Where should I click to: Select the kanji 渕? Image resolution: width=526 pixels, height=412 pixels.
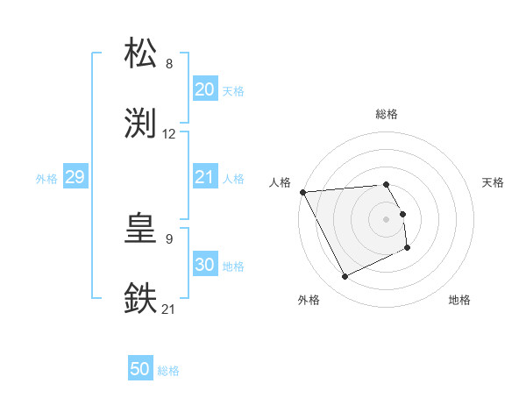pos(141,124)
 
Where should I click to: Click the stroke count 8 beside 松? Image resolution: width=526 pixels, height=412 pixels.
pos(169,64)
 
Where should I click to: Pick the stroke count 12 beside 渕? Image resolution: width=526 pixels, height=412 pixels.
pos(169,134)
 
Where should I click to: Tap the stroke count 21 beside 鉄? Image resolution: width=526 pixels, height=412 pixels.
pos(169,309)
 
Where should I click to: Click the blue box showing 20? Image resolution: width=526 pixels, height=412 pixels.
pos(204,89)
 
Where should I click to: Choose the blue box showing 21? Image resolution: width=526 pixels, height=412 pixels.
pos(204,177)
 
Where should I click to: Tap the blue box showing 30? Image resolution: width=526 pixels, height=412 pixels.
pos(204,265)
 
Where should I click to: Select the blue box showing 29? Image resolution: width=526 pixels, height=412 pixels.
pos(75,177)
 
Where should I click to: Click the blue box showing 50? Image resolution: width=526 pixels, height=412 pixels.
pos(140,370)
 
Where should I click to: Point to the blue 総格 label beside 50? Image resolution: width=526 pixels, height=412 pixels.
pos(168,371)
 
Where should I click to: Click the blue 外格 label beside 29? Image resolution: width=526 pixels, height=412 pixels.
pos(46,178)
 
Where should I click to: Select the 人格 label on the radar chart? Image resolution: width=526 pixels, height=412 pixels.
pos(281,181)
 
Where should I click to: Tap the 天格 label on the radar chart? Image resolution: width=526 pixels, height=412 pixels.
pos(493,182)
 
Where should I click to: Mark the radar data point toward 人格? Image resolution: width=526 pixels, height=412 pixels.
pos(302,192)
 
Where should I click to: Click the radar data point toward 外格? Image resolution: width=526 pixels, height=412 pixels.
pos(345,277)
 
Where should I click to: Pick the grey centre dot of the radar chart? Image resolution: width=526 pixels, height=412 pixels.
pos(387,219)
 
